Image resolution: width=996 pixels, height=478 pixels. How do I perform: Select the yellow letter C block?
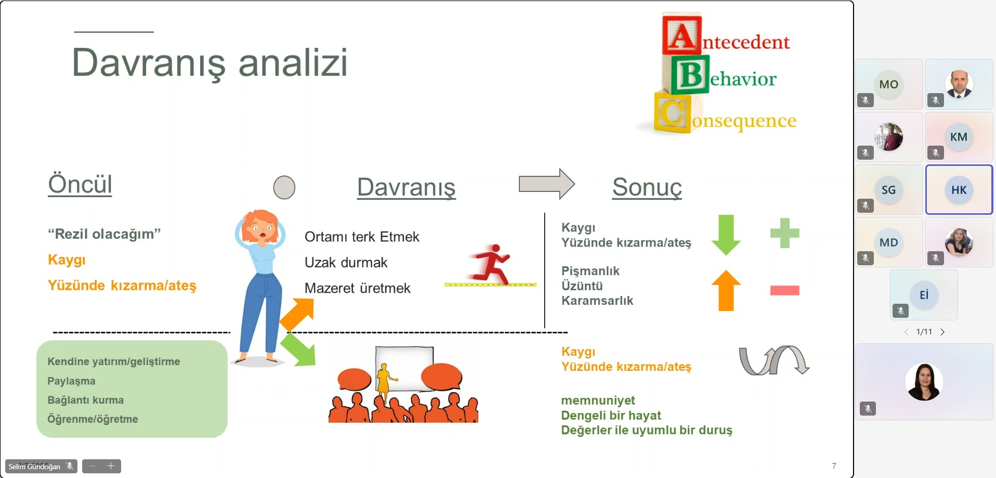673,112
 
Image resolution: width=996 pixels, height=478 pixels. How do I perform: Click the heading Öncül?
80,184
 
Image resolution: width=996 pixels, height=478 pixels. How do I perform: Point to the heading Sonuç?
647,187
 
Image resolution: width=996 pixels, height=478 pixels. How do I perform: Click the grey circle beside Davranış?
284,187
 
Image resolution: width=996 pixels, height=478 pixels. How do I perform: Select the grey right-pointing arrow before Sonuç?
547,184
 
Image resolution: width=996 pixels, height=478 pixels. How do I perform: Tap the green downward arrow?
726,235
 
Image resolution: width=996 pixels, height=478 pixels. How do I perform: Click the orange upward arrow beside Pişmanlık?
726,290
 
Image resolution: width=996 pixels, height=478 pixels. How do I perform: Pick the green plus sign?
784,232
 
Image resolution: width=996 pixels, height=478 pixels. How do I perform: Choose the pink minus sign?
784,290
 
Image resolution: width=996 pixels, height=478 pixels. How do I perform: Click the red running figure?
491,264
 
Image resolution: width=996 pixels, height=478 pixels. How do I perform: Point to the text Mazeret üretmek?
358,288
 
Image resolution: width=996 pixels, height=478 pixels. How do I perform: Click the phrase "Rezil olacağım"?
104,234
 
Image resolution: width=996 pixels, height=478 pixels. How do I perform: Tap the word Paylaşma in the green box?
71,381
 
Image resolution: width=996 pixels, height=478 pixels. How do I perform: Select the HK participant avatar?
959,190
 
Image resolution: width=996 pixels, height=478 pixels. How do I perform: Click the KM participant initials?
959,137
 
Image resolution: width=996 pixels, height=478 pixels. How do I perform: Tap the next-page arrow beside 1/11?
942,332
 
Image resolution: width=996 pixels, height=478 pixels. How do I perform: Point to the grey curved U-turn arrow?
774,360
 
